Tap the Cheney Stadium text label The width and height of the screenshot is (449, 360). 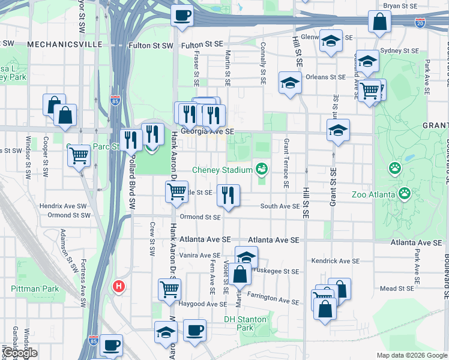(222, 170)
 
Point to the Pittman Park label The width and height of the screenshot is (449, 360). (35, 289)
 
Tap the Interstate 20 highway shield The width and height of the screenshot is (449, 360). (420, 23)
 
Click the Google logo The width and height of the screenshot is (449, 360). (19, 353)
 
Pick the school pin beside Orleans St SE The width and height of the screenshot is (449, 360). (290, 83)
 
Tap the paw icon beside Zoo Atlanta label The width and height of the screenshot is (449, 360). (405, 193)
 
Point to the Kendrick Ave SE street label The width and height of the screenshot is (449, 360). (335, 262)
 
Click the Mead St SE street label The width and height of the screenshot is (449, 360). (396, 289)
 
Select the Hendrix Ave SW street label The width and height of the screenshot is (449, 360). (65, 206)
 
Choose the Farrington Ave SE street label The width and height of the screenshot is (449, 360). (273, 298)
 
